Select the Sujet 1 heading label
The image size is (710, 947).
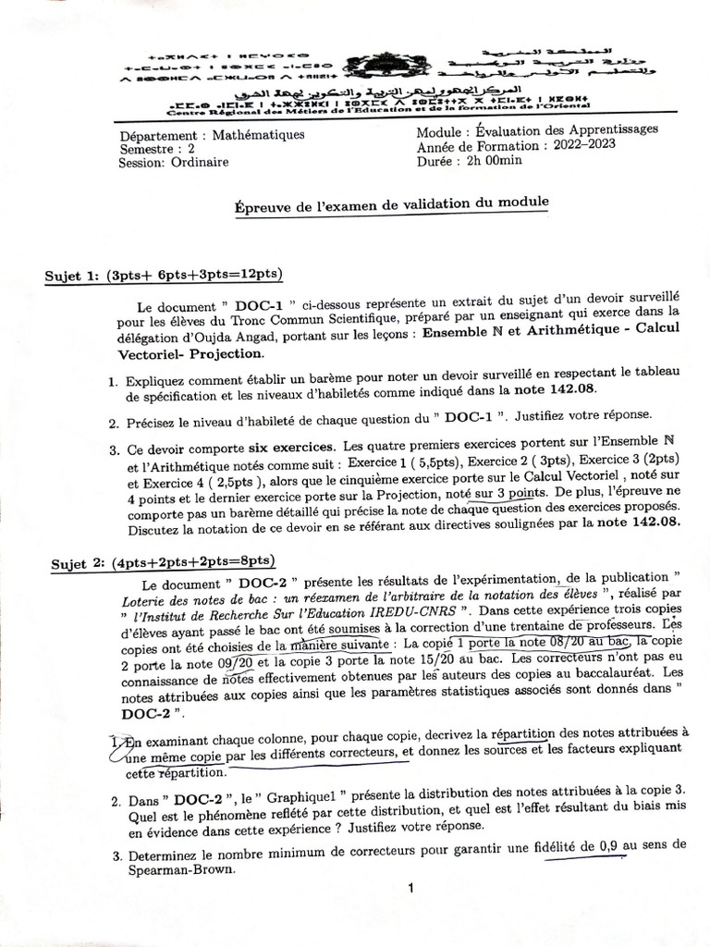[75, 276]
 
